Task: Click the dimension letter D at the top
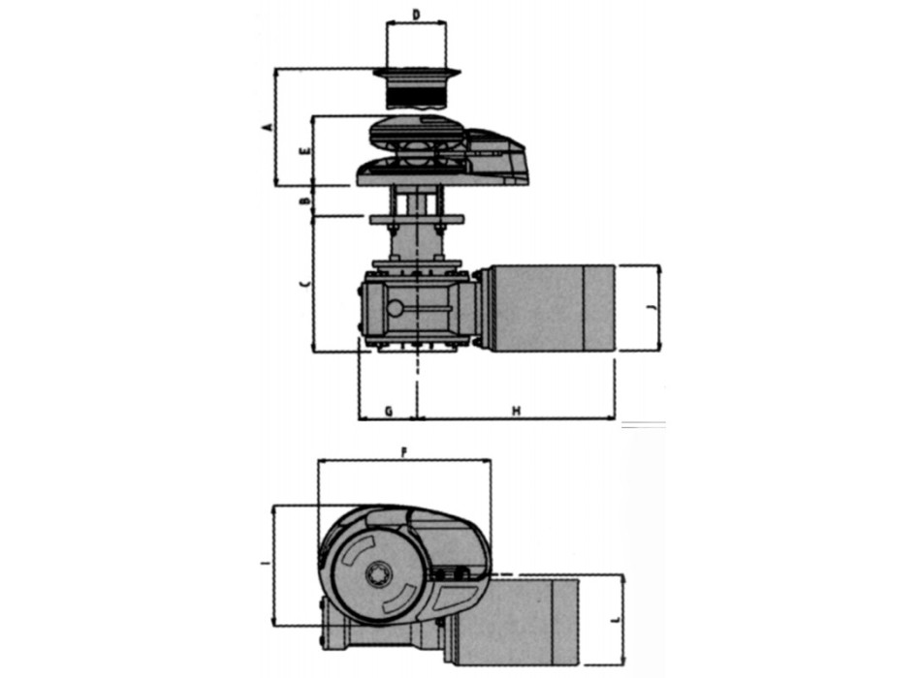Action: (x=416, y=15)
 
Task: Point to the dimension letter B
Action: (x=304, y=200)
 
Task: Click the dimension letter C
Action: (x=304, y=283)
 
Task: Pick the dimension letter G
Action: (x=388, y=411)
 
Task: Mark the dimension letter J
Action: (x=651, y=307)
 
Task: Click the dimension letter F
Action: (x=404, y=452)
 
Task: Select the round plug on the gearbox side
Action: (x=395, y=308)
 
